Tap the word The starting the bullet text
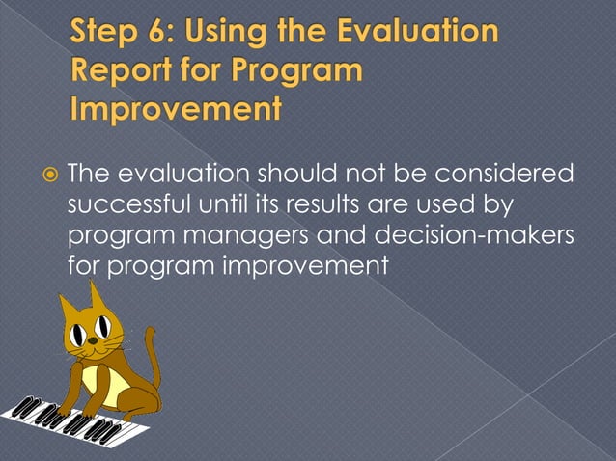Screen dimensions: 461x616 (x=94, y=175)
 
